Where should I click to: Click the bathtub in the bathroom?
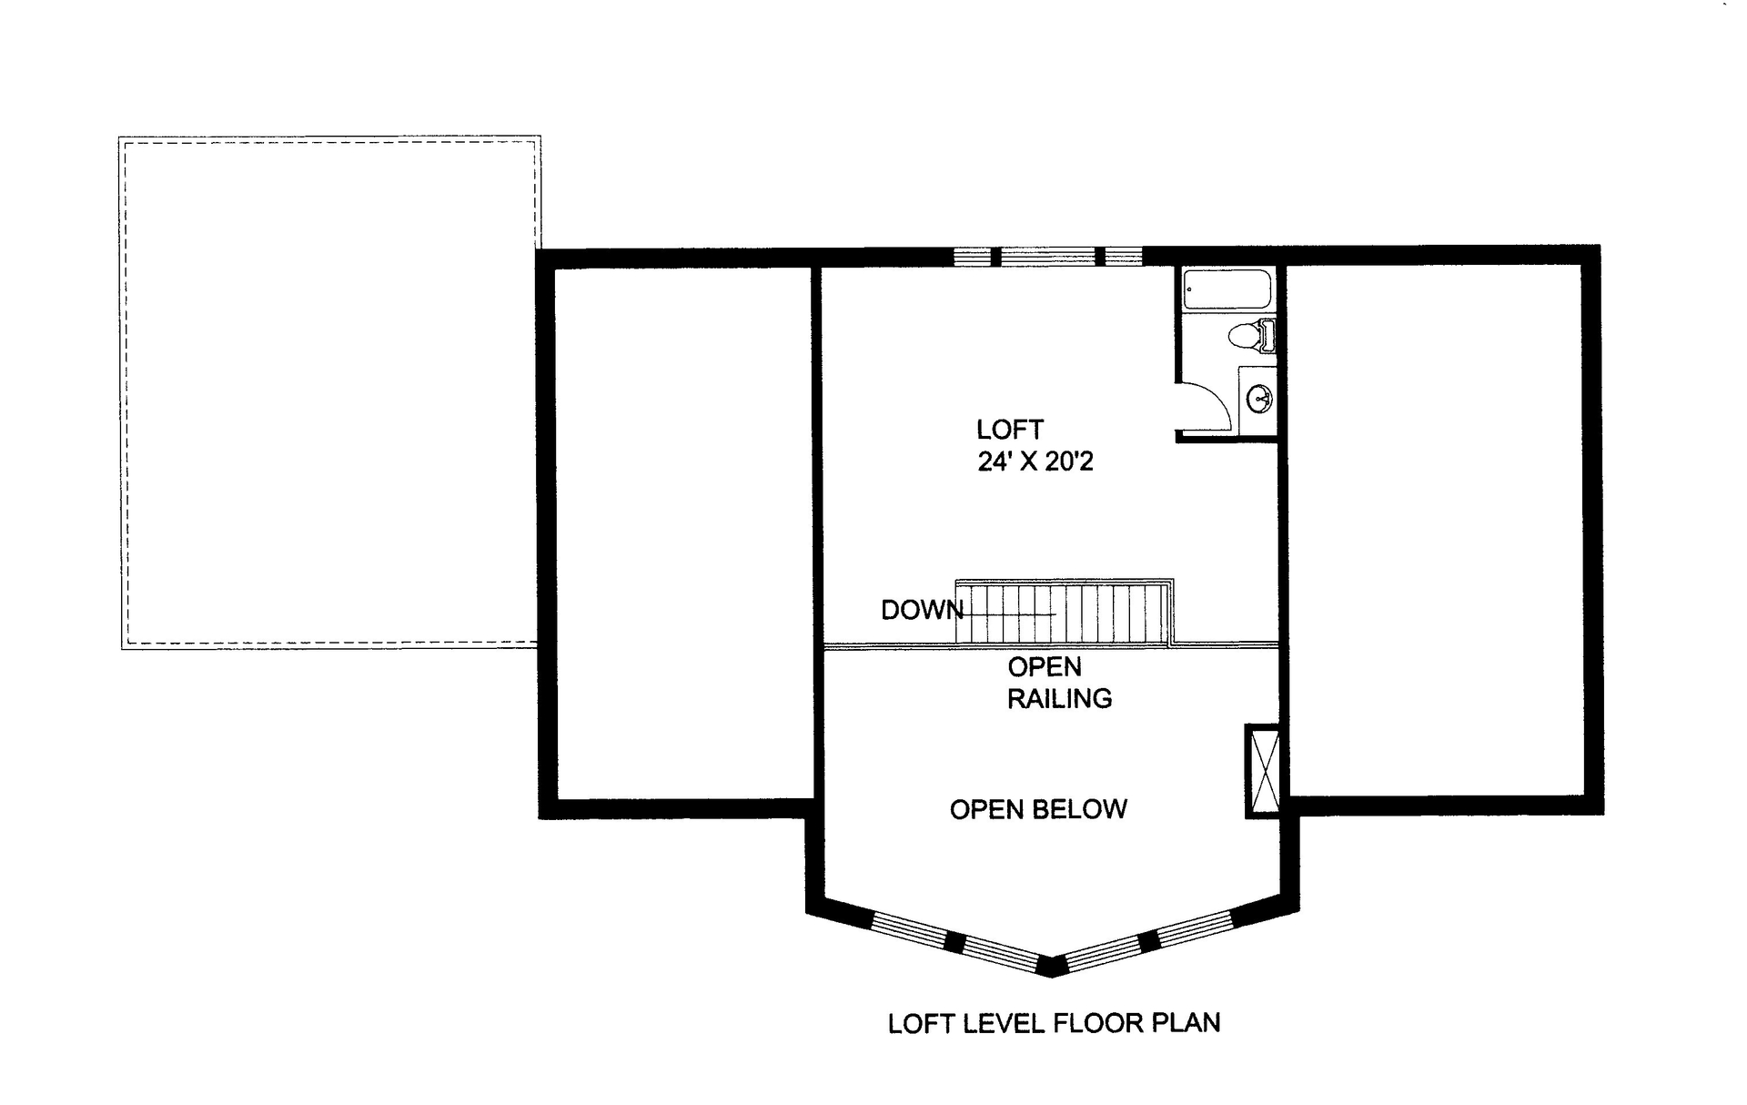1227,290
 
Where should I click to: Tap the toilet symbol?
1250,336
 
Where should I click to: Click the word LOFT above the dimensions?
1009,429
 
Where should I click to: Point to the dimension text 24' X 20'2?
1035,461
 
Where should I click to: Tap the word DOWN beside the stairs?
921,610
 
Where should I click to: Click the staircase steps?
1065,613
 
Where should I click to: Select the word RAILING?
1059,698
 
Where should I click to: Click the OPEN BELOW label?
1038,809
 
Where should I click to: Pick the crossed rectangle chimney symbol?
1263,771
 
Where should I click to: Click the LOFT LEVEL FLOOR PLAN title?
1054,1023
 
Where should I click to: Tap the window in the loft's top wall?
1047,257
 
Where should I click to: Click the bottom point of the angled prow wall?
1052,970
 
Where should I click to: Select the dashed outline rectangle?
329,391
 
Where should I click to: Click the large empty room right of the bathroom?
1435,532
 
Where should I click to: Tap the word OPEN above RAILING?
1045,667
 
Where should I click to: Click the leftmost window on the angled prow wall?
907,929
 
